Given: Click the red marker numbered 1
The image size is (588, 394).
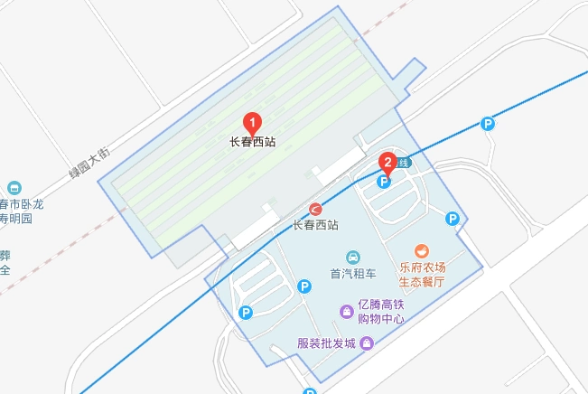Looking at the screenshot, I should coord(254,122).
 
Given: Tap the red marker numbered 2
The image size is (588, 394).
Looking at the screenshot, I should coord(387,164).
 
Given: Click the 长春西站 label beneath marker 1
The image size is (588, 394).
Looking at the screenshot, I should coord(254,142).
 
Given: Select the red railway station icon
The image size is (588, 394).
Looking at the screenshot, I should coord(316,210).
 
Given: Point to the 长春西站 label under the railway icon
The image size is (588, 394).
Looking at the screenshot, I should coord(316,225).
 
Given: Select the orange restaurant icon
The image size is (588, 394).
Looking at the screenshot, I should coord(421,250).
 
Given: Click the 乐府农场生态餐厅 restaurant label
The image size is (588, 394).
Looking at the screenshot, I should coord(422,275).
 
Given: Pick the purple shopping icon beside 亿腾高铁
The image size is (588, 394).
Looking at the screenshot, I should coord(346,312).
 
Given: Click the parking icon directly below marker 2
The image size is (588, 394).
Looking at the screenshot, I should coord(383,182).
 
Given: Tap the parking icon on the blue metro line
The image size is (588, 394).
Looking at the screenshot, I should coord(488,124).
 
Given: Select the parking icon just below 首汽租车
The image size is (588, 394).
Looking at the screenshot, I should coord(304,286).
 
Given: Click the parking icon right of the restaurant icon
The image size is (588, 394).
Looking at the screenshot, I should coord(453,218).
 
